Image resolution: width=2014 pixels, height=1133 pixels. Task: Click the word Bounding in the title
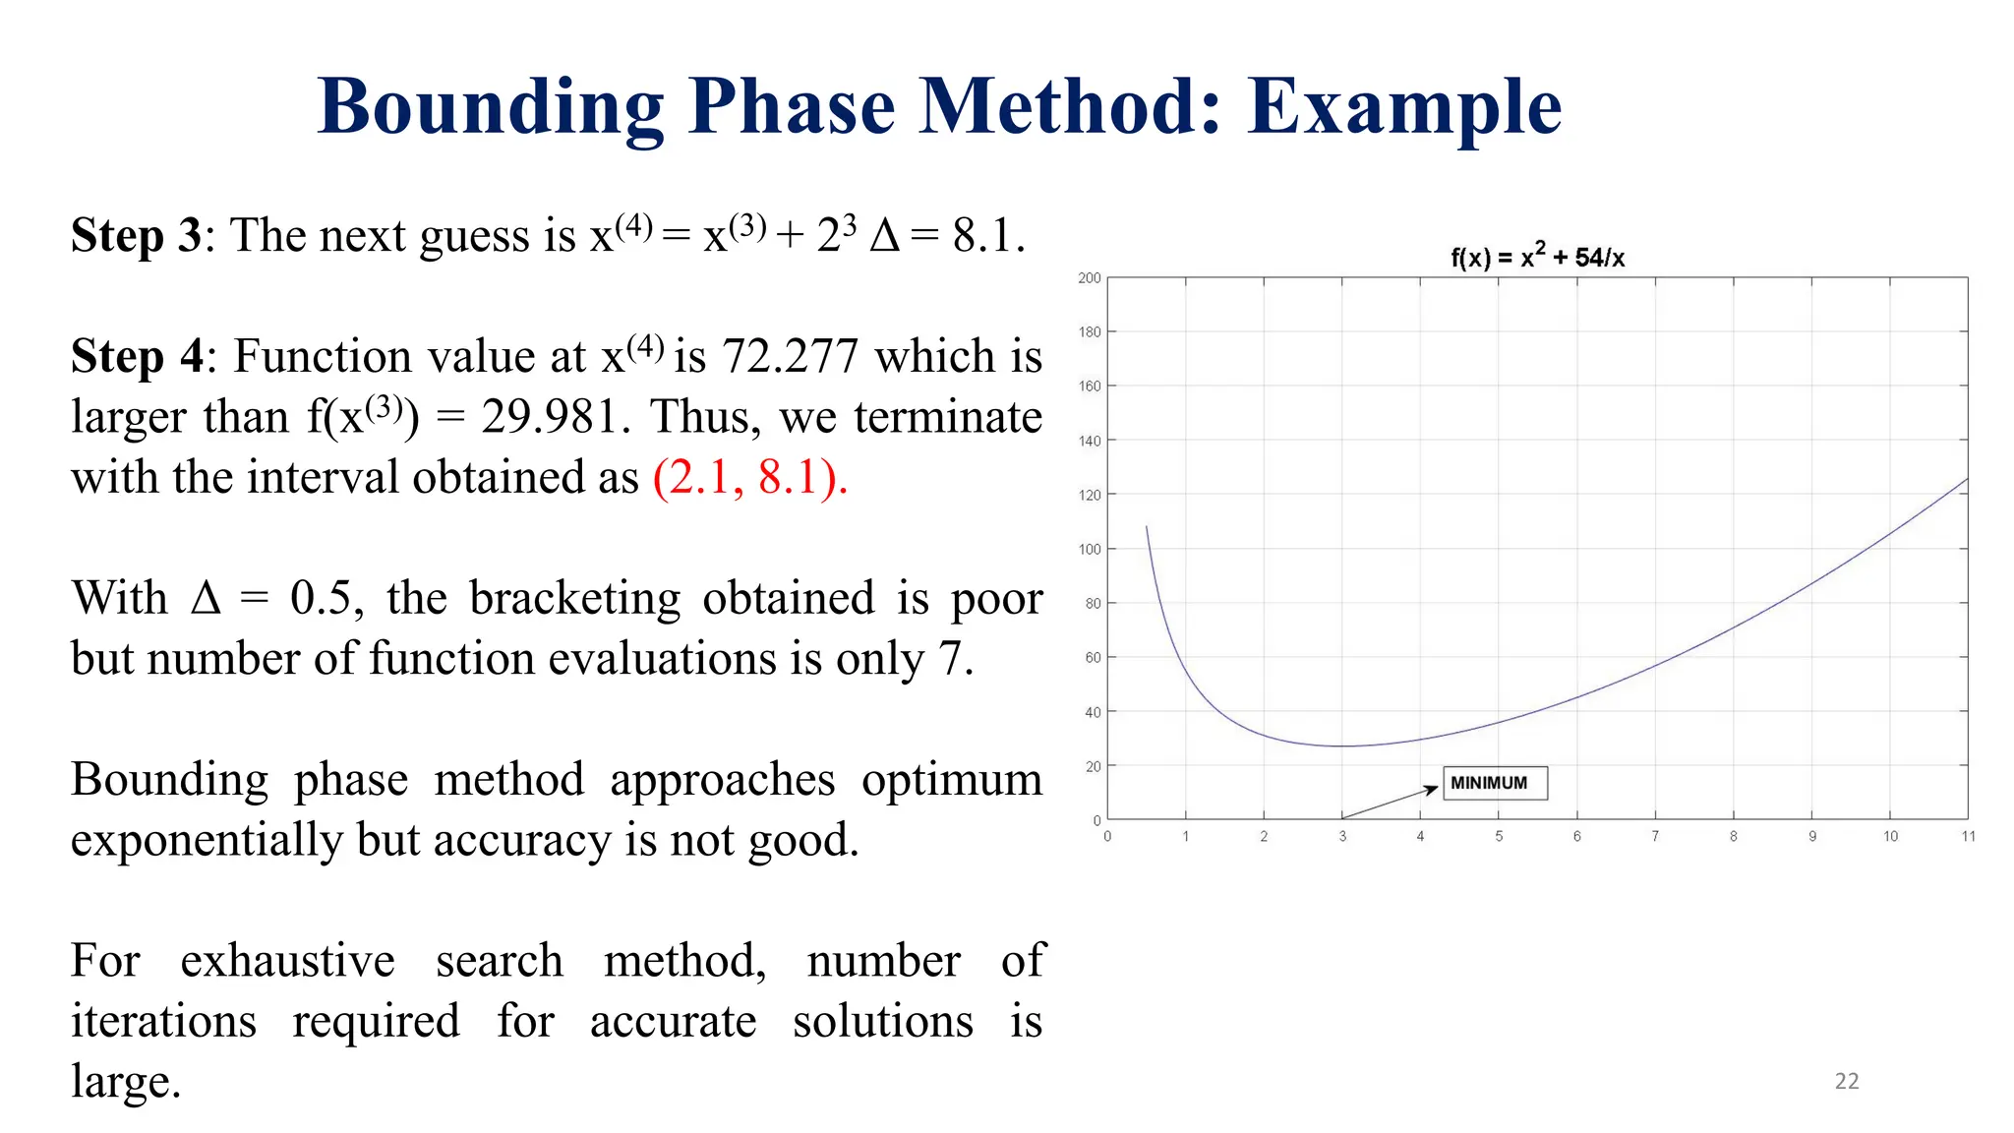[490, 108]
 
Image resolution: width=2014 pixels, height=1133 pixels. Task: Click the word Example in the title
[1404, 108]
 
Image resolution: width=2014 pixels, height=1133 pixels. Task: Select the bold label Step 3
[136, 236]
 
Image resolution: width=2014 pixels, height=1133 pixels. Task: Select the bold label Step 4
[137, 356]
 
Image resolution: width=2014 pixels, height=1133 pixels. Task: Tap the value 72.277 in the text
[791, 356]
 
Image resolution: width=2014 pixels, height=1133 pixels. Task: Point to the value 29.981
[550, 417]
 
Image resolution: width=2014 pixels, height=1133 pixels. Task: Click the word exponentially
[207, 840]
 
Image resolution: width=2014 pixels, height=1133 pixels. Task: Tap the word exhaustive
[287, 961]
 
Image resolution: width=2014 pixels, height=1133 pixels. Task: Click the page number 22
[1846, 1081]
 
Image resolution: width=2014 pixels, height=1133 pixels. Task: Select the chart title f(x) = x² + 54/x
[1537, 257]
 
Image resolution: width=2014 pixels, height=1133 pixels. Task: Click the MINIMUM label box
[1494, 783]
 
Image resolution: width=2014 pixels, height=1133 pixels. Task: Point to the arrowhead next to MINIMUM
[1433, 789]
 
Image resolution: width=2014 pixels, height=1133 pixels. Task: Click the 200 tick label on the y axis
[1089, 278]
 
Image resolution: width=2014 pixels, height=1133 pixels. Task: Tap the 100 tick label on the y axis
[1089, 549]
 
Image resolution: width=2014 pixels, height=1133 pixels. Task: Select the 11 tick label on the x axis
[1967, 836]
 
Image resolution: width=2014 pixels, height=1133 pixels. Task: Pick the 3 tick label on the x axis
[1341, 836]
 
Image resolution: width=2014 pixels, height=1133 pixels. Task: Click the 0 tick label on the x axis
[1107, 836]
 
